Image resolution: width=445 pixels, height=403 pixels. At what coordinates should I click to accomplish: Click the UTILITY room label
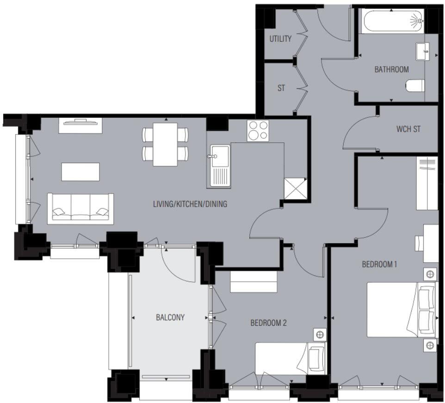[x=280, y=39]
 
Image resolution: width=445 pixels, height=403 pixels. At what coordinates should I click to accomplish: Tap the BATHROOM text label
[x=391, y=69]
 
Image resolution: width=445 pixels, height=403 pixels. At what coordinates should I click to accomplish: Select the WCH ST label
[x=408, y=129]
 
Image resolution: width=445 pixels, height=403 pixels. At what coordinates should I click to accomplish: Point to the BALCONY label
[x=170, y=318]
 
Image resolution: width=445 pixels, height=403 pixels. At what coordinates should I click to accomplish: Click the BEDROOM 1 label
[x=379, y=264]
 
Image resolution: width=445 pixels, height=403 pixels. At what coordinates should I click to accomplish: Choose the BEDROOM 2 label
[x=268, y=323]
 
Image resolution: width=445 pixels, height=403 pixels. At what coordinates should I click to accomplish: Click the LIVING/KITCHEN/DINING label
[x=190, y=204]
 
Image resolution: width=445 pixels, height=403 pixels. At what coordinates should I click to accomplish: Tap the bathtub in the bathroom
[x=393, y=21]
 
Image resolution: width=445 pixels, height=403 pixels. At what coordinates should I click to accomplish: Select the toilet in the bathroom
[x=415, y=86]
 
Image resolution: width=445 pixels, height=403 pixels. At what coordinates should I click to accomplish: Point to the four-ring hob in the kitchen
[x=258, y=130]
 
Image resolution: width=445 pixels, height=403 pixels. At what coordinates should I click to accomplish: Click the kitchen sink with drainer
[x=220, y=166]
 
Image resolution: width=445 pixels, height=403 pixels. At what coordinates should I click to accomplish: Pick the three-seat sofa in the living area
[x=80, y=208]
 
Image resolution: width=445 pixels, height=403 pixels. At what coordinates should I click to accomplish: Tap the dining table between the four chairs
[x=165, y=144]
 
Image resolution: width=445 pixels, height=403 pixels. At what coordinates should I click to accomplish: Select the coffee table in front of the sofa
[x=80, y=171]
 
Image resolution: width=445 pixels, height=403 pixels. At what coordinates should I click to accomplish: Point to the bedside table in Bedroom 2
[x=319, y=334]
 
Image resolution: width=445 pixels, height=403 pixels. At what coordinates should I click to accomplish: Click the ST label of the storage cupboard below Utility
[x=281, y=88]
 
